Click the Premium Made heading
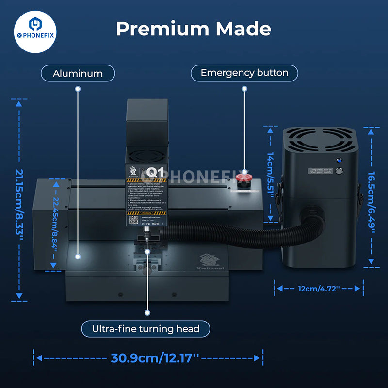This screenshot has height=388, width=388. pos(193,29)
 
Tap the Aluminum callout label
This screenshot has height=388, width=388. pos(78,74)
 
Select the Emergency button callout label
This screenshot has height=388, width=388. pos(244,73)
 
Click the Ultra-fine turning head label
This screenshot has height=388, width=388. pos(146,329)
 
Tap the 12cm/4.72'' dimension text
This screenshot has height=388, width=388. pos(319,289)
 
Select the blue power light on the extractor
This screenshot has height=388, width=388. pos(339,161)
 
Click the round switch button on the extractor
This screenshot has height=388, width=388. pos(339,171)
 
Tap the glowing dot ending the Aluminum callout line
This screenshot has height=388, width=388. pos(78,255)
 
